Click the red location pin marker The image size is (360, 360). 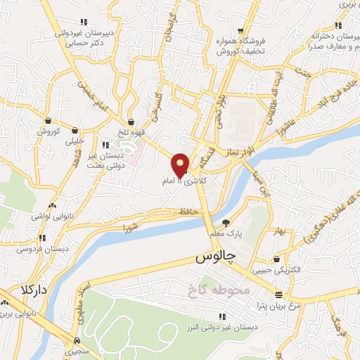(180, 165)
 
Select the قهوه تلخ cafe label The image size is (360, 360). (131, 131)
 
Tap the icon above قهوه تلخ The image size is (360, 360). (131, 122)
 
